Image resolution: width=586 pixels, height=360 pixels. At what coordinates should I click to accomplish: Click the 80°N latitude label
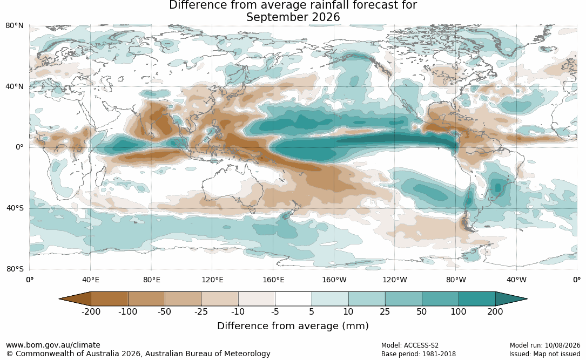click(14, 26)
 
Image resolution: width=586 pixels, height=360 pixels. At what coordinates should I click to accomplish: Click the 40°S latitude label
click(15, 208)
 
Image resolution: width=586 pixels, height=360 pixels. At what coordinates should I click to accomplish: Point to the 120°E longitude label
click(212, 280)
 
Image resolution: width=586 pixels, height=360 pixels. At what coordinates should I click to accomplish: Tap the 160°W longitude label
click(334, 280)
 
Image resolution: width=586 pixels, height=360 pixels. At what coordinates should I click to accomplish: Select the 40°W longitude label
click(517, 280)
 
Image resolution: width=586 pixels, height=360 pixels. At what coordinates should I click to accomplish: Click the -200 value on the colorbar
click(91, 311)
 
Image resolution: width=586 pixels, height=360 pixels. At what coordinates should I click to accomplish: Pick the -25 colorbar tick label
click(201, 311)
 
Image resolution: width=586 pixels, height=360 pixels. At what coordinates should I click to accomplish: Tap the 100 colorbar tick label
click(458, 311)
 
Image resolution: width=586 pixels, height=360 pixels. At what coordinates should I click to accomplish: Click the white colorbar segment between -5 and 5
click(293, 299)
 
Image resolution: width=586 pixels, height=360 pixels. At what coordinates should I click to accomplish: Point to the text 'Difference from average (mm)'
click(293, 325)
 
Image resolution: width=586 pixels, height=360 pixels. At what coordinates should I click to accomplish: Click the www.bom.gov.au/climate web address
click(53, 345)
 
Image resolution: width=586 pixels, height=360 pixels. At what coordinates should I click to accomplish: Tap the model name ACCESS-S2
click(421, 345)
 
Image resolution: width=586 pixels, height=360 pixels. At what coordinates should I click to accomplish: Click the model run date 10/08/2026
click(562, 345)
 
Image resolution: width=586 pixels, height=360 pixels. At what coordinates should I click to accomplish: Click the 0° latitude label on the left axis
click(19, 147)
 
